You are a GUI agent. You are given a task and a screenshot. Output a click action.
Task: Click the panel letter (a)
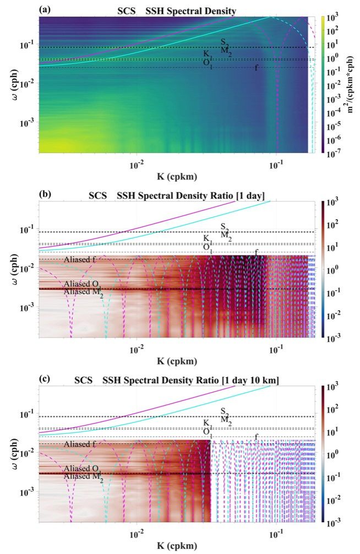45,9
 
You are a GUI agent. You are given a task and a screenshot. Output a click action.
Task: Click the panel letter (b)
45,194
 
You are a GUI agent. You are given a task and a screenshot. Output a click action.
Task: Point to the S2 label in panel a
224,42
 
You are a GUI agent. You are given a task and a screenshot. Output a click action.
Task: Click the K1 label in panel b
207,238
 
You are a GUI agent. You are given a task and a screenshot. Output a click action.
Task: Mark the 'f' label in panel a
256,68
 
